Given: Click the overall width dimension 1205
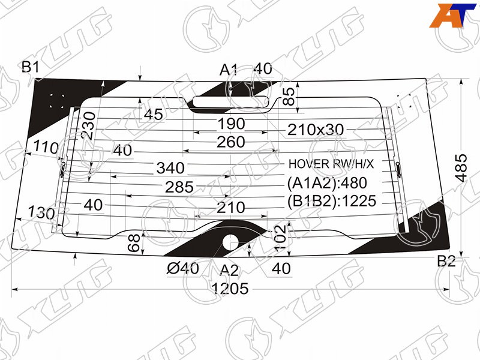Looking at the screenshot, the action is pos(230,289).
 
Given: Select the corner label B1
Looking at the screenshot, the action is pos(31,67).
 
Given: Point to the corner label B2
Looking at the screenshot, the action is pos(446,261).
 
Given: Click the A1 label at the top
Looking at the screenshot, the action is pos(229,70).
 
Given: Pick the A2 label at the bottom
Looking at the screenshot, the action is pos(229,271).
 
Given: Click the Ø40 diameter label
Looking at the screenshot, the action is pos(183,268).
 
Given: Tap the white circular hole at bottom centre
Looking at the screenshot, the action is pos(230,242).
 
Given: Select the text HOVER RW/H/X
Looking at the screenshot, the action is pos(331,164).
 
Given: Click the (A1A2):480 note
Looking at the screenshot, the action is pos(327,183).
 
